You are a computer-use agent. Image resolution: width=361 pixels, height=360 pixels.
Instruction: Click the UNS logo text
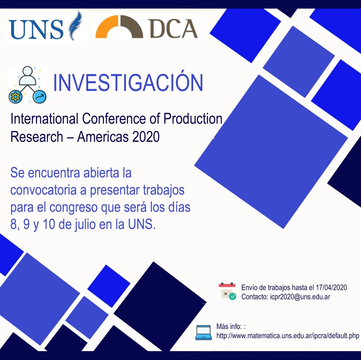pos(36,29)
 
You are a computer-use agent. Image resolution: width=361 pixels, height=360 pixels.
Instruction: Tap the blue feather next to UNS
pos(75,25)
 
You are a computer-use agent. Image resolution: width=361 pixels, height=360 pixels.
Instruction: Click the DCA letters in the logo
pos(173,29)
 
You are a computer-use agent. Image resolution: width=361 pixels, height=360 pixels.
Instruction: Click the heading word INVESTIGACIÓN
pos(128,82)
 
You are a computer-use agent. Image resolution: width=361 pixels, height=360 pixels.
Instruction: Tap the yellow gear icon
pos(16,97)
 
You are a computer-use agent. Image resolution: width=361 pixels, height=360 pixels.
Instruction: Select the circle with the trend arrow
pos(39,97)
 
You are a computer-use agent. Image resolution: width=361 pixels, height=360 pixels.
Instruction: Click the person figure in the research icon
pos(27,76)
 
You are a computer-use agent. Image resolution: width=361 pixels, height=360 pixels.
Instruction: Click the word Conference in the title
pos(114,119)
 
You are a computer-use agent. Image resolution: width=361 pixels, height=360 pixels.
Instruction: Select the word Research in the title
pos(37,137)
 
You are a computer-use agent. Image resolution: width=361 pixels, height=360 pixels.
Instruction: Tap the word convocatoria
pos(43,190)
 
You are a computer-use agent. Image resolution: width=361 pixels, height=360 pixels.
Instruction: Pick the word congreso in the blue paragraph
pos(73,208)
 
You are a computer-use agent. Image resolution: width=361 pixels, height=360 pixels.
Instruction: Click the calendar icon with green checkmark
pos(227,291)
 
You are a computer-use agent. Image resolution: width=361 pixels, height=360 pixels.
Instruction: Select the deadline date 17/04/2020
pos(331,287)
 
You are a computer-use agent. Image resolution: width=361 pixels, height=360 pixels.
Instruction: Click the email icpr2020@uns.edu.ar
pos(300,297)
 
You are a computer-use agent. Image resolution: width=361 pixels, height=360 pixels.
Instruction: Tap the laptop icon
pos(203,333)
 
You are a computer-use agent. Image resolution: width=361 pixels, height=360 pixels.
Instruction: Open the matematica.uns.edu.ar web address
pos(288,336)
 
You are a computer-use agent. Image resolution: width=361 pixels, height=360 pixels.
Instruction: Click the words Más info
pos(229,327)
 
